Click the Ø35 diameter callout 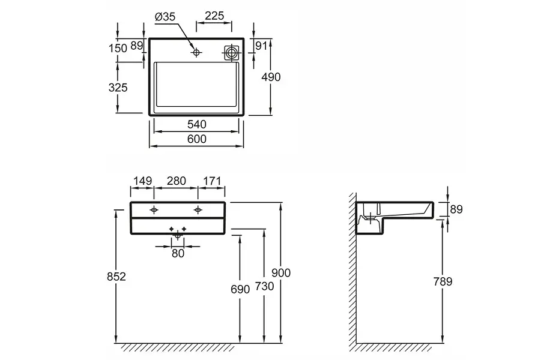(x=165, y=17)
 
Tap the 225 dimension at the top (x=214, y=16)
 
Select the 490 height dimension (x=271, y=77)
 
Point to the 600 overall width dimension (x=197, y=139)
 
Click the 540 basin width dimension (x=197, y=124)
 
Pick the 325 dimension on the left (x=118, y=88)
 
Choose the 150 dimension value (x=118, y=48)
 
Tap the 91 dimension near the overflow (x=261, y=46)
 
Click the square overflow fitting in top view (x=232, y=53)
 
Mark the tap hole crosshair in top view (x=196, y=52)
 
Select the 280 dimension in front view (x=177, y=181)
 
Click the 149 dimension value (x=143, y=181)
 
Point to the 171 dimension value (x=212, y=181)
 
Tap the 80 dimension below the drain (x=178, y=253)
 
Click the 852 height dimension (x=116, y=277)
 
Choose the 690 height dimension (x=240, y=289)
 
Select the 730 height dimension (x=265, y=286)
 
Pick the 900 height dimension (x=281, y=273)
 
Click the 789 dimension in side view (x=443, y=282)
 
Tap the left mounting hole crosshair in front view (x=154, y=209)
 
